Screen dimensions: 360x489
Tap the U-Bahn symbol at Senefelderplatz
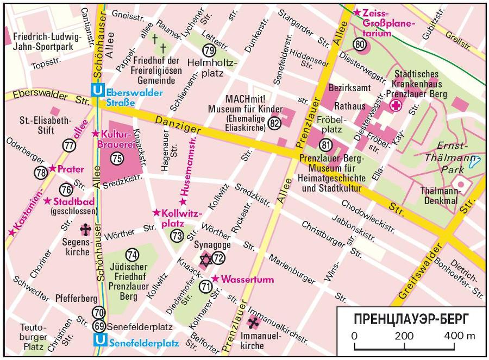100,342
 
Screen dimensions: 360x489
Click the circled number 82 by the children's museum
274,124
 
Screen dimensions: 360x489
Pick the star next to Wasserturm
215,279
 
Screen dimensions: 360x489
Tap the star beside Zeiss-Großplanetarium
356,12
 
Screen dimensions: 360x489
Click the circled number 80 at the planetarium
360,44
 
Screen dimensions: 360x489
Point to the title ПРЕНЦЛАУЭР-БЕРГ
411,318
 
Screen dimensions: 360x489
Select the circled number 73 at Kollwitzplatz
177,236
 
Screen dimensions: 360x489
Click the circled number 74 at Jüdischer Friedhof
131,254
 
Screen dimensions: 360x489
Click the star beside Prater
52,168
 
